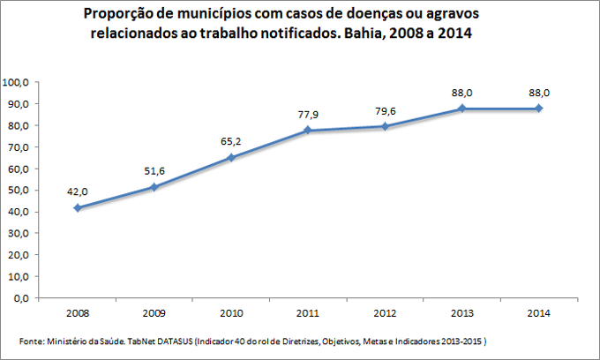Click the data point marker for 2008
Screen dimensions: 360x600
pyautogui.click(x=78, y=207)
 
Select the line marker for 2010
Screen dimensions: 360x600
pyautogui.click(x=231, y=158)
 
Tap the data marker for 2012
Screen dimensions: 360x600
pyautogui.click(x=385, y=126)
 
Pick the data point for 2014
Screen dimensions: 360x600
pyautogui.click(x=538, y=109)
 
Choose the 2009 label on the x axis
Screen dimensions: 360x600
pyautogui.click(x=154, y=312)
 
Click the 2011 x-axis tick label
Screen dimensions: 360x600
pyautogui.click(x=308, y=312)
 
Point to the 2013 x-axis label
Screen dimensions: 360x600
pyautogui.click(x=461, y=312)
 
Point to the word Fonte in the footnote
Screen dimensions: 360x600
pyautogui.click(x=31, y=341)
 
